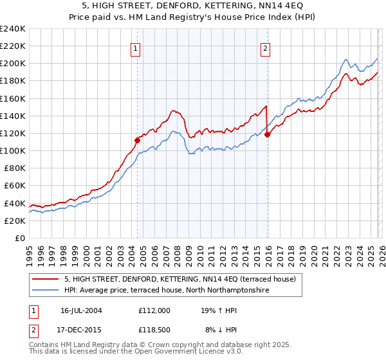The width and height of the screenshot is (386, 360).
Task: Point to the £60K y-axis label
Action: (15, 186)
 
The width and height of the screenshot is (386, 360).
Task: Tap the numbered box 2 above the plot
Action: (266, 47)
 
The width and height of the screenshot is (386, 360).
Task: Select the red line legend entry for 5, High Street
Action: (179, 279)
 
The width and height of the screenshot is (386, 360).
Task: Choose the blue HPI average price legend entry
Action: (166, 291)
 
